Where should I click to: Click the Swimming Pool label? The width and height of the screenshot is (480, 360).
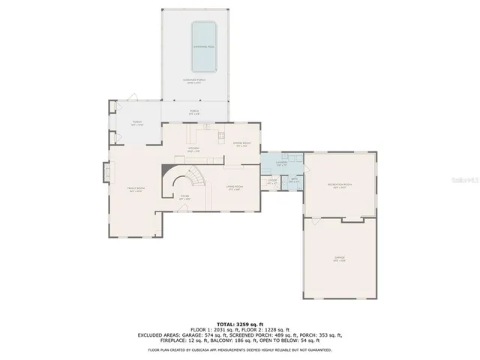click(x=204, y=46)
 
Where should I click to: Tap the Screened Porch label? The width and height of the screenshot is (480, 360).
click(x=193, y=81)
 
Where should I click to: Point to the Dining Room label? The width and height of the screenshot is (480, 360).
click(x=241, y=144)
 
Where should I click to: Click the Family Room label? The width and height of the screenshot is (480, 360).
click(x=135, y=190)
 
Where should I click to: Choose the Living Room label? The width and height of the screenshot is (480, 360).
click(x=233, y=187)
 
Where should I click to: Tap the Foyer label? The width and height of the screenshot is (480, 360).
click(x=184, y=198)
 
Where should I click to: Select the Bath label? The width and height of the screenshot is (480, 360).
click(x=294, y=181)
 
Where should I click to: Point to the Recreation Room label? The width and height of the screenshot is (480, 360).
click(x=340, y=184)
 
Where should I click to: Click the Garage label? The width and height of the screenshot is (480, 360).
click(x=339, y=259)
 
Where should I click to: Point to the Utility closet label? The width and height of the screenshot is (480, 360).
click(x=272, y=181)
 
